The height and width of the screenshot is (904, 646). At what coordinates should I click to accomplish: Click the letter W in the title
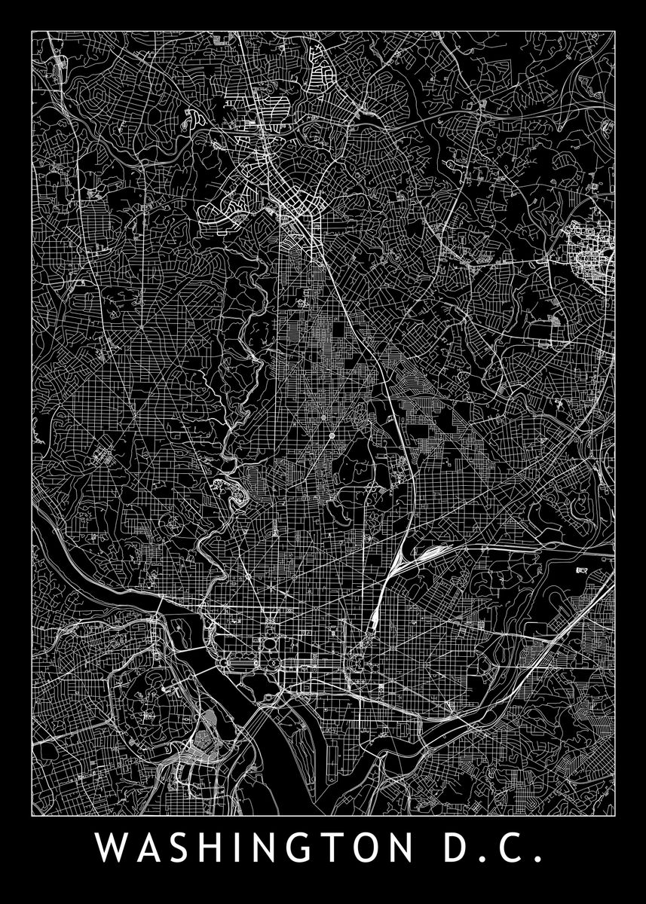tap(111, 850)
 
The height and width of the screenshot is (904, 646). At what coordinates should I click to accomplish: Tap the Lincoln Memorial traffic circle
tap(223, 663)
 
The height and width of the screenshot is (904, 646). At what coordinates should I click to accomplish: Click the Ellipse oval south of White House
tap(269, 645)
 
